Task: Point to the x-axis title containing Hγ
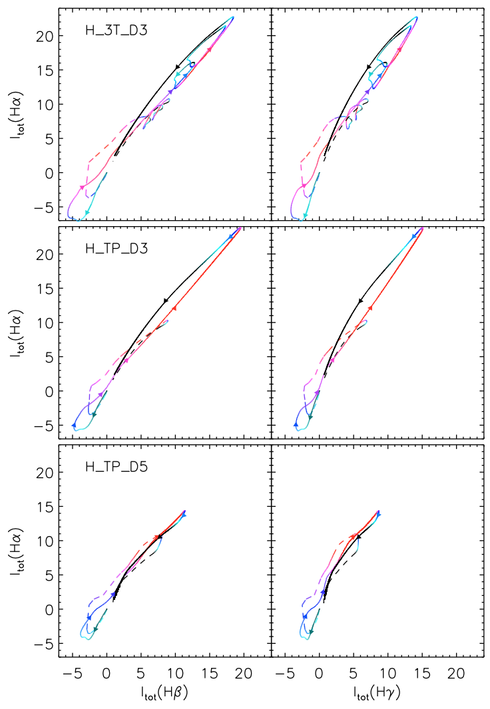pyautogui.click(x=377, y=694)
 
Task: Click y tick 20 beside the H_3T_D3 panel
pyautogui.click(x=45, y=36)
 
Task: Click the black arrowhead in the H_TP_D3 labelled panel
pyautogui.click(x=166, y=301)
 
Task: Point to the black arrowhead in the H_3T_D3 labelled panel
pyautogui.click(x=178, y=67)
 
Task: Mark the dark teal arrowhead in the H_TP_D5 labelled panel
pyautogui.click(x=95, y=629)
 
